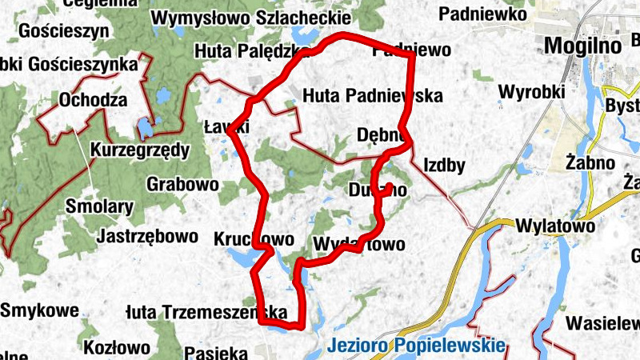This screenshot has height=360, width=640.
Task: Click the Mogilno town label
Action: click(582, 46)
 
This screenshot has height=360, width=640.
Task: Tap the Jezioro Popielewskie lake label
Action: click(417, 346)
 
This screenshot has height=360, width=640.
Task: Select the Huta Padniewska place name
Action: click(373, 96)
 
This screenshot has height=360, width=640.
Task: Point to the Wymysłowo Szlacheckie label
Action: click(250, 18)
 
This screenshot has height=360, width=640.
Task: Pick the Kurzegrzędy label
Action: click(140, 150)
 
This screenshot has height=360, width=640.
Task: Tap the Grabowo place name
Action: click(182, 184)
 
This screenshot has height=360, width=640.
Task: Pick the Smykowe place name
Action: click(39, 310)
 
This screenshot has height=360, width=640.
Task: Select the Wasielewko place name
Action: click(604, 323)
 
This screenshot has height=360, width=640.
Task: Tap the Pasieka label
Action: click(215, 352)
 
